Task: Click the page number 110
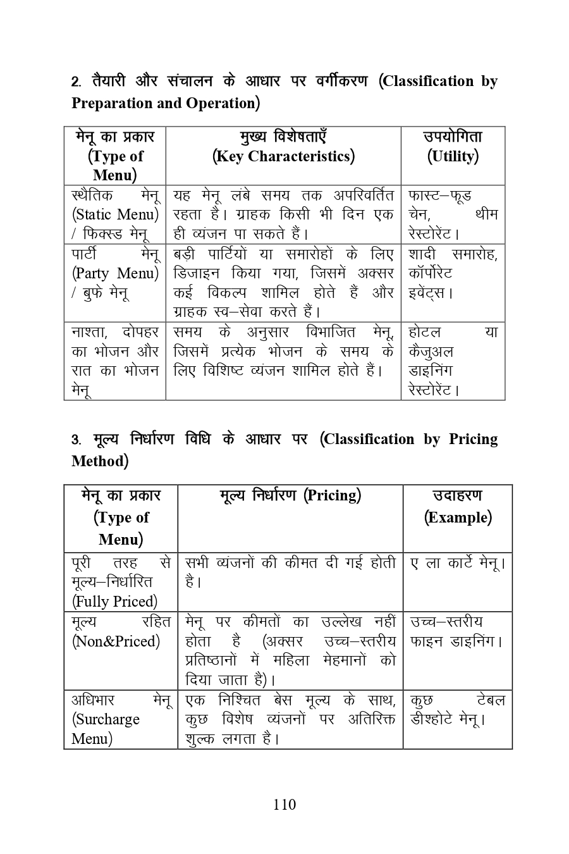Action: [284, 805]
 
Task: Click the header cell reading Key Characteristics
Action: [283, 156]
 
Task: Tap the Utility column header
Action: [453, 156]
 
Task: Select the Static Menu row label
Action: [115, 214]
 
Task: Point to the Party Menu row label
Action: [115, 273]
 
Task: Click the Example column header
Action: [458, 517]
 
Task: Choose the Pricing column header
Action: [290, 495]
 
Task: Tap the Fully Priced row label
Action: [114, 601]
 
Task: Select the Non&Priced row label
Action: [116, 641]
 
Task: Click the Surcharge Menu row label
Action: [106, 719]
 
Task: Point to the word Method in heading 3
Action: [99, 461]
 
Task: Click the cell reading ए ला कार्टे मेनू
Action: [457, 562]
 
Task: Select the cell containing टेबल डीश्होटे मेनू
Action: [457, 710]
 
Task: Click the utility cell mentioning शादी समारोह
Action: [453, 273]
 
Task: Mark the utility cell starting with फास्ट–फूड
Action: [453, 214]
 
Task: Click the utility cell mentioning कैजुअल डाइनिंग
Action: [453, 361]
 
